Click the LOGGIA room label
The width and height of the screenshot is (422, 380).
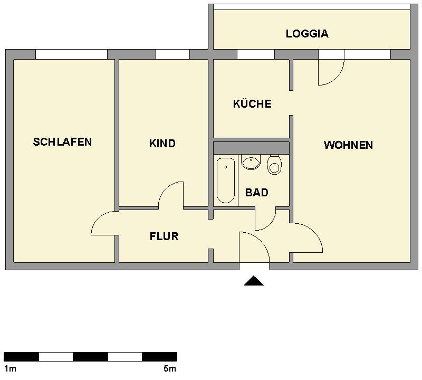(x=307, y=34)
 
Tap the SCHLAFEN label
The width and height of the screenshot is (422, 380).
(x=62, y=142)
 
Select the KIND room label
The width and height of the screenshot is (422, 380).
(x=162, y=144)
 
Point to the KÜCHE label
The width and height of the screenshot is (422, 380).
(x=252, y=104)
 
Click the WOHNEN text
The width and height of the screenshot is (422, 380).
(x=348, y=145)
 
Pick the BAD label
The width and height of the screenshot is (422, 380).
(x=257, y=193)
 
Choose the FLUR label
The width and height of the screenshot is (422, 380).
(x=164, y=236)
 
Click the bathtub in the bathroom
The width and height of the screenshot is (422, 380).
(x=226, y=180)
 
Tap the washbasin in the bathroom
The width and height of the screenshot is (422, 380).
(x=251, y=162)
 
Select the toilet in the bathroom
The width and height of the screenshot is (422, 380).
(x=274, y=165)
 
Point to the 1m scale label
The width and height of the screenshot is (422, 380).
(x=9, y=368)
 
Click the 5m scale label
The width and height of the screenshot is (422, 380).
(x=170, y=368)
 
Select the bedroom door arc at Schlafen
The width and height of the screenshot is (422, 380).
(x=104, y=223)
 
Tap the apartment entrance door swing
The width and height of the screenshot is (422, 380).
(x=254, y=246)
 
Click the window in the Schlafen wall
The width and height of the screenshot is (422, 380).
(x=71, y=54)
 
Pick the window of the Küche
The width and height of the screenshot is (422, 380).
(x=255, y=54)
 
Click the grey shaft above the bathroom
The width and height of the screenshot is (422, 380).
(x=251, y=147)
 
